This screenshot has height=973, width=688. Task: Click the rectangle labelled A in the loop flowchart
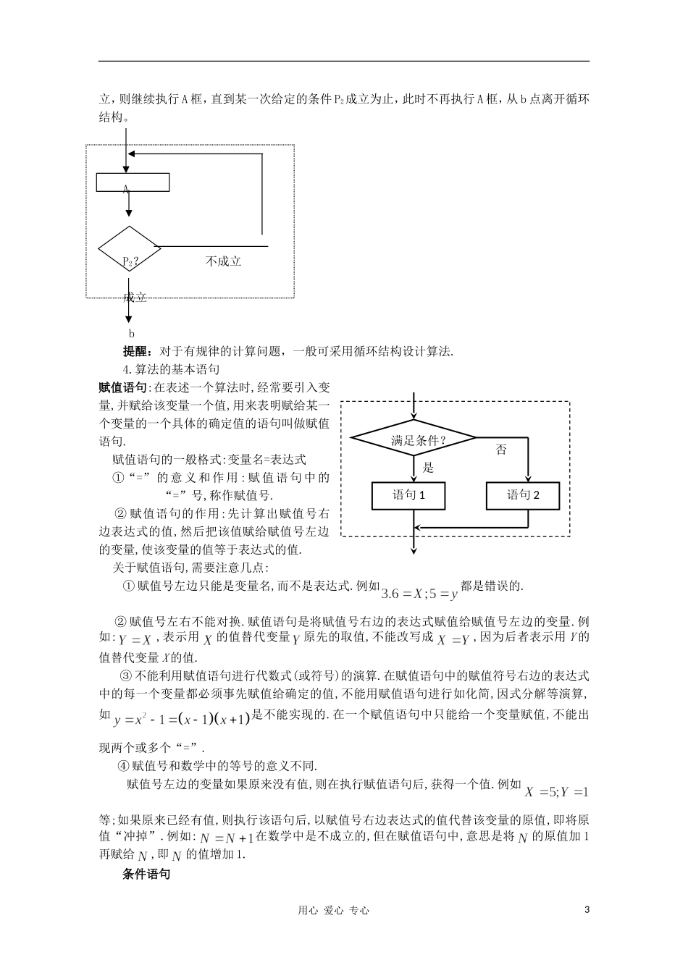pyautogui.click(x=133, y=182)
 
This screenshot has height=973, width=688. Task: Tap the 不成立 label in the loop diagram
pyautogui.click(x=223, y=261)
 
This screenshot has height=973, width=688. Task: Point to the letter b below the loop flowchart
pyautogui.click(x=132, y=334)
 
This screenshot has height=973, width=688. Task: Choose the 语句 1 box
pyautogui.click(x=408, y=496)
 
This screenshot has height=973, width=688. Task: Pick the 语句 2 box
pyautogui.click(x=523, y=496)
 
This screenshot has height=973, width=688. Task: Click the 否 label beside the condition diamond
pyautogui.click(x=501, y=450)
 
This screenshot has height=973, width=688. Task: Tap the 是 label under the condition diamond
pyautogui.click(x=428, y=468)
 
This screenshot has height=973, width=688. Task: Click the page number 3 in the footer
pyautogui.click(x=587, y=910)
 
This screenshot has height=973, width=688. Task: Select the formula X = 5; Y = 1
pyautogui.click(x=557, y=791)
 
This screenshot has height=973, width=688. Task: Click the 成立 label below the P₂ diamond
pyautogui.click(x=135, y=297)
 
